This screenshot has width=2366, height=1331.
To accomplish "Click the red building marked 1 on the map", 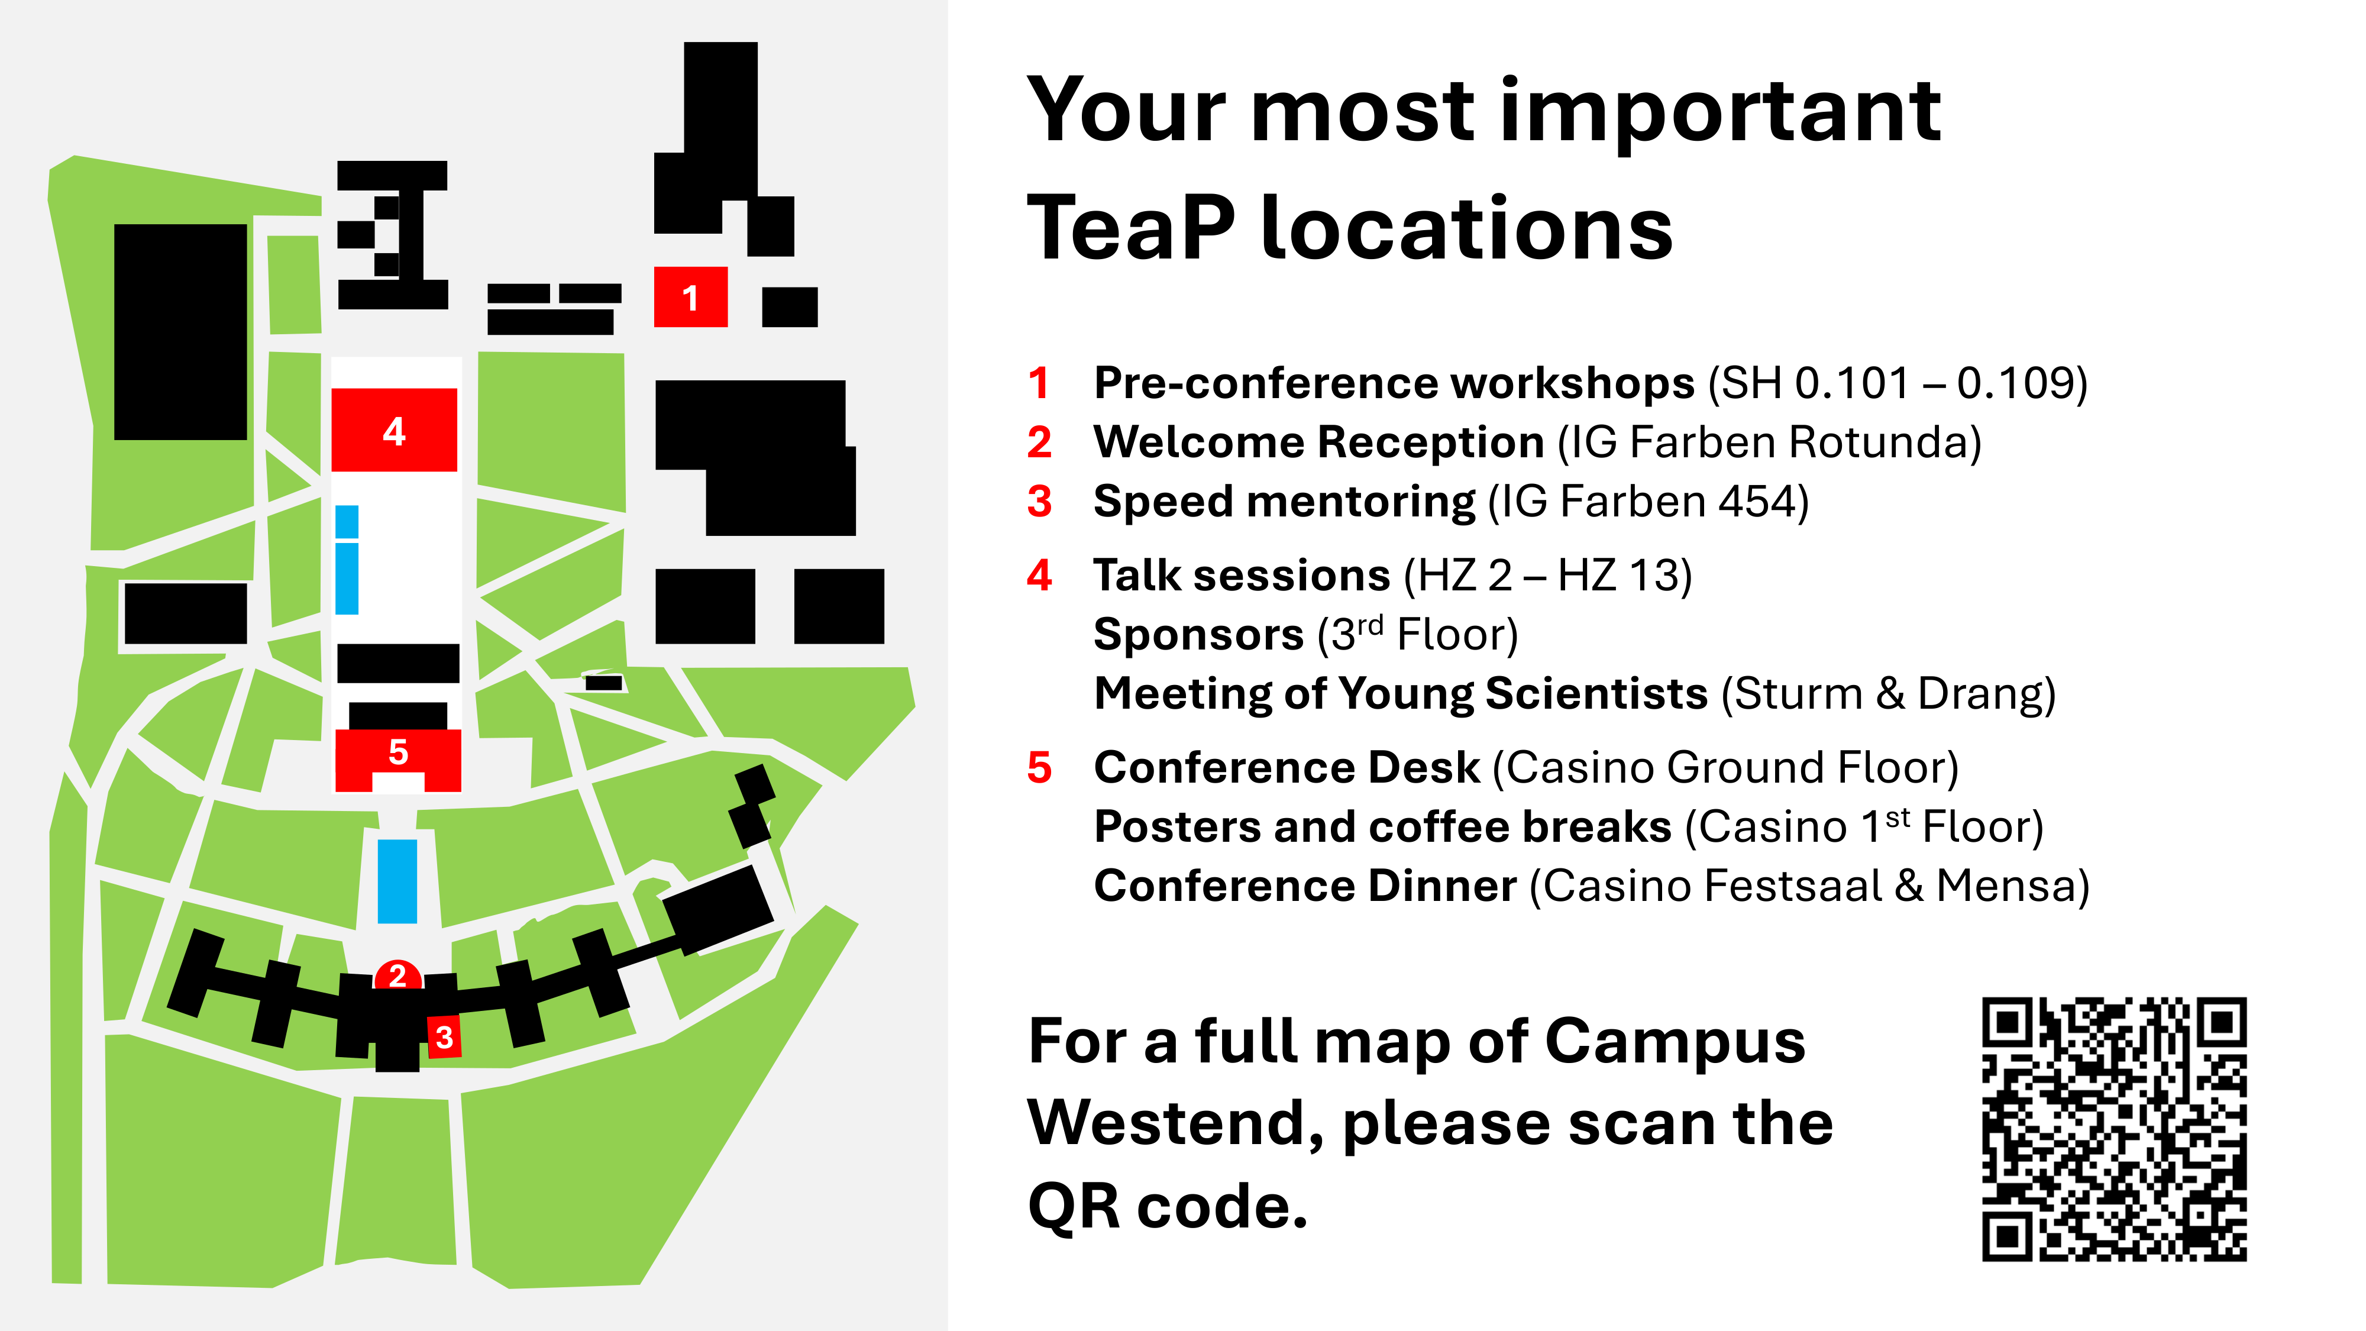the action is (691, 297).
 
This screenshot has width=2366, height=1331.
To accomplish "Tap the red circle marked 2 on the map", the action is (397, 975).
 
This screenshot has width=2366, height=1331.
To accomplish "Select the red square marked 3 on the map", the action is (445, 1037).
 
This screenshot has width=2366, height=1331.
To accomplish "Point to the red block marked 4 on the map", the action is (394, 430).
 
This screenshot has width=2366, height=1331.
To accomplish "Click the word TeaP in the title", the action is (1130, 228).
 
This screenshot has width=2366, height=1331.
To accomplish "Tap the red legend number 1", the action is (1039, 383).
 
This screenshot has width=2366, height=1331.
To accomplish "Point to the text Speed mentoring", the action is (1284, 502).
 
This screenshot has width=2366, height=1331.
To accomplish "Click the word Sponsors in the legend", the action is (1198, 635).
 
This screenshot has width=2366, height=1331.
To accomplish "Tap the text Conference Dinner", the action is (1305, 886).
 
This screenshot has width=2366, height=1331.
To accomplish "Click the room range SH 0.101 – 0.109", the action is (1897, 383).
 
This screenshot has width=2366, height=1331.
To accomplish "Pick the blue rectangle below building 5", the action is (397, 881).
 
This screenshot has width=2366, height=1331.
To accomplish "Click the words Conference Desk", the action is (1287, 767).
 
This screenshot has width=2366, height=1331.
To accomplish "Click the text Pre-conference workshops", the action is (1394, 384).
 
